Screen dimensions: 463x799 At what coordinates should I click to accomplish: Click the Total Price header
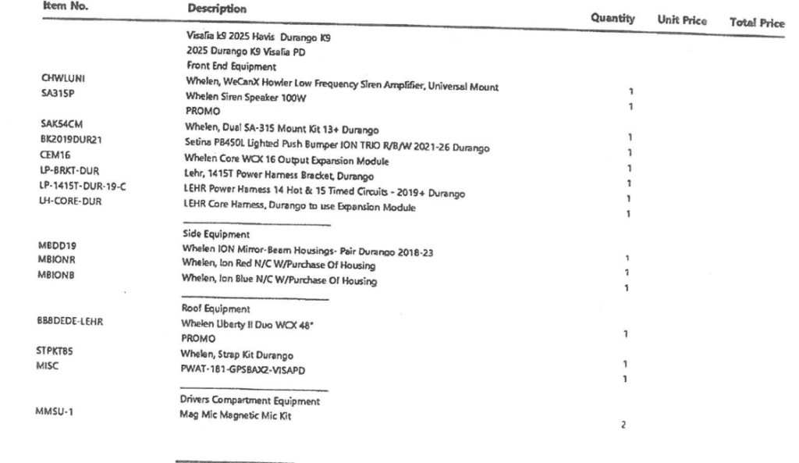coord(755,23)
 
